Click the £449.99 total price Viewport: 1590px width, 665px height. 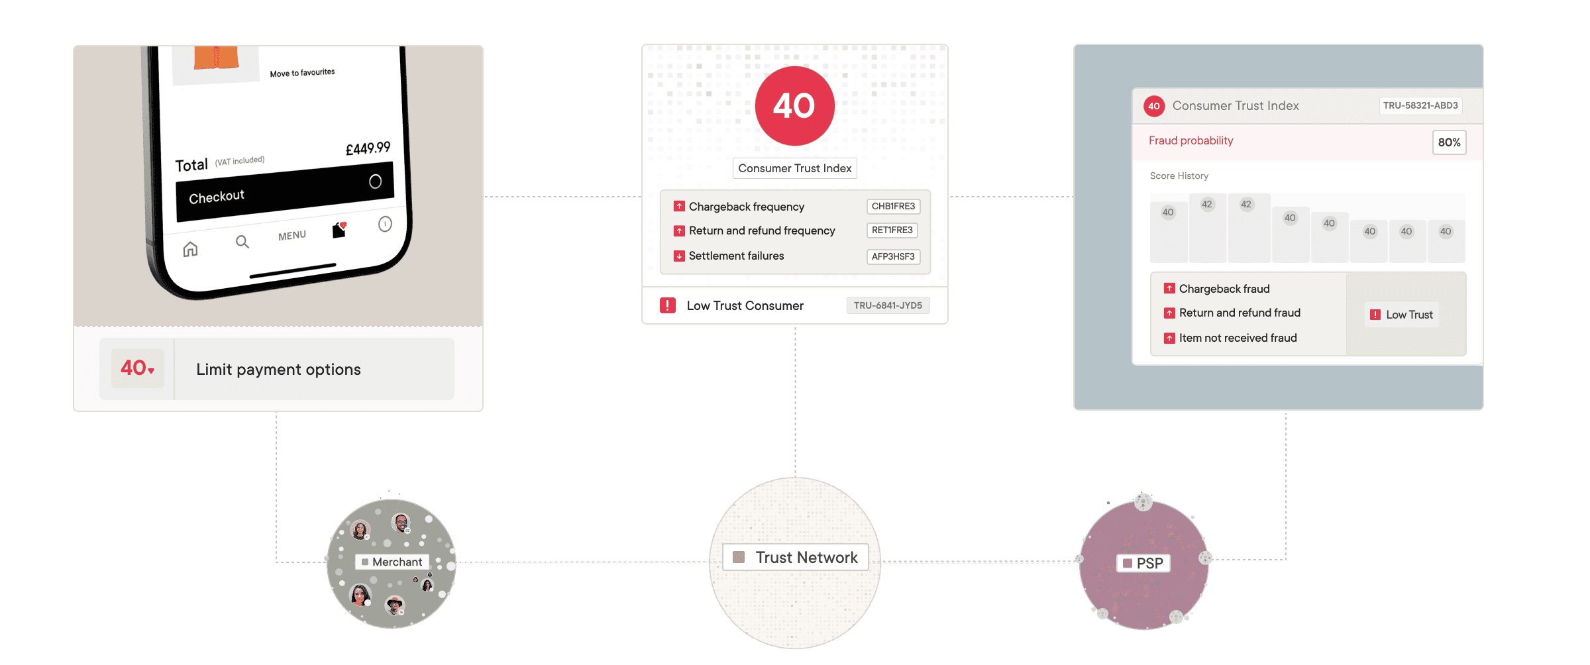tap(368, 148)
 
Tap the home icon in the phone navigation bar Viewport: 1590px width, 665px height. tap(190, 249)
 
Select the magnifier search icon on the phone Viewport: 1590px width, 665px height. tap(242, 242)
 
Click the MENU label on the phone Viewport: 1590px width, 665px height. tap(292, 236)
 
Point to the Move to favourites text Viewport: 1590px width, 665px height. tap(302, 73)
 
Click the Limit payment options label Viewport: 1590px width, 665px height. tap(278, 370)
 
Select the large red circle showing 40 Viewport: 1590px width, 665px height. tap(794, 106)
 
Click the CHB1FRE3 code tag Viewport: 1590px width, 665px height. tap(893, 207)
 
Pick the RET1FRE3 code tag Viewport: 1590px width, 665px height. tap(892, 230)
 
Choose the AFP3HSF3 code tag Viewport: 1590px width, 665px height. tap(893, 256)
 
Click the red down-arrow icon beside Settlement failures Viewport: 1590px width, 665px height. tap(679, 256)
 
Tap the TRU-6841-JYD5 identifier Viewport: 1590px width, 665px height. tap(888, 305)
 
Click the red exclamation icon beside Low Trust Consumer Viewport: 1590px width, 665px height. tap(667, 305)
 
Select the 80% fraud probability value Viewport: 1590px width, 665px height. tap(1449, 142)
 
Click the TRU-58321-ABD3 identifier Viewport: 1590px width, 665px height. tap(1420, 105)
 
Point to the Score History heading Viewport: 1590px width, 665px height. tap(1179, 176)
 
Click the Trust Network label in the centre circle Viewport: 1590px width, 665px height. tap(806, 558)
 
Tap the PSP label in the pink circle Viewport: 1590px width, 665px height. tap(1149, 563)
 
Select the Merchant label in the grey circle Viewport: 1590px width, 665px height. tap(397, 562)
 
